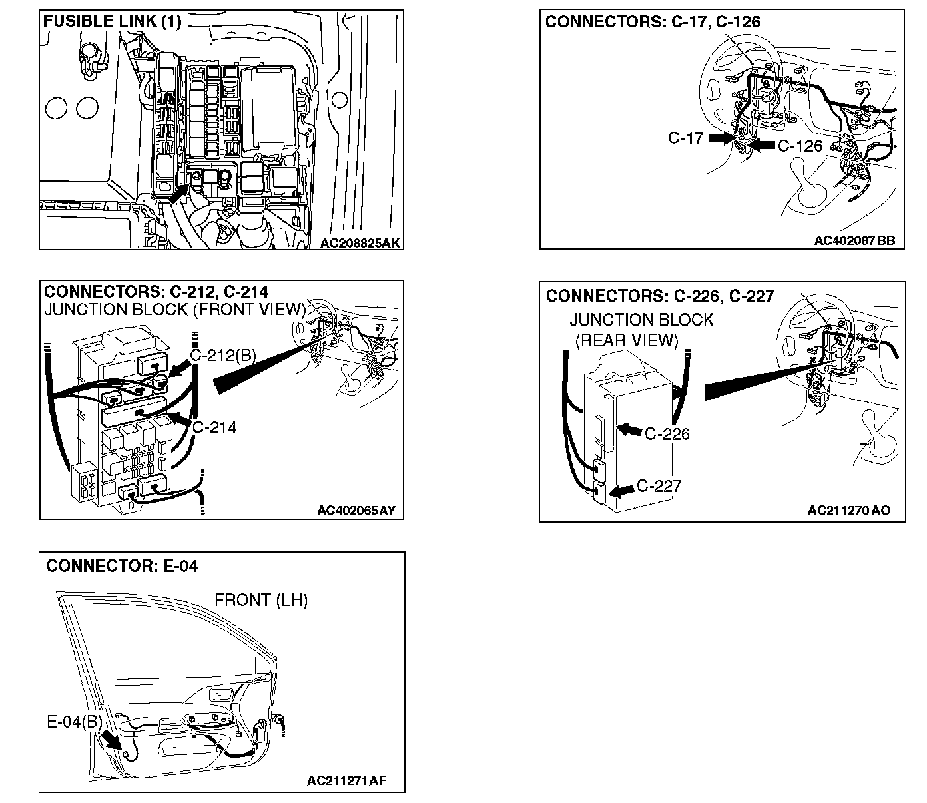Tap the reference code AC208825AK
360,243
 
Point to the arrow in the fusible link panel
179,193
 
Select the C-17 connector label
685,138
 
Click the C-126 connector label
800,145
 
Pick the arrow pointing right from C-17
720,138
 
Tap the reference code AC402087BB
855,241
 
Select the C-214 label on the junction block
214,427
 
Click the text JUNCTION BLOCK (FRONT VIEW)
174,310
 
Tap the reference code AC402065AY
356,511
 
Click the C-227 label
659,486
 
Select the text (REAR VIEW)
625,340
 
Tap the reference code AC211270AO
848,511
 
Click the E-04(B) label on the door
74,722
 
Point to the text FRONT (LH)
261,600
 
